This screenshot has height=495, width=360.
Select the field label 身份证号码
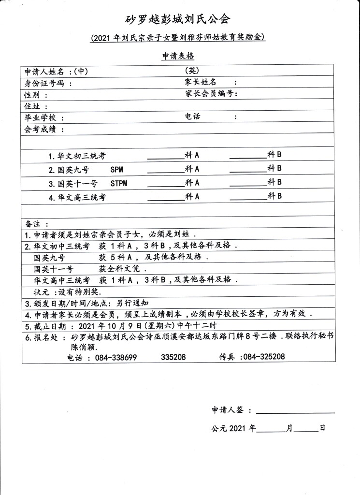46,83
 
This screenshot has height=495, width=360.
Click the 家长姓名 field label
201,82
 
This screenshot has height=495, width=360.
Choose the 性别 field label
33,94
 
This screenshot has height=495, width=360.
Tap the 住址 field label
33,106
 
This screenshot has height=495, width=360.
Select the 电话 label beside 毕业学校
192,117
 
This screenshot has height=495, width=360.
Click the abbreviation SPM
117,170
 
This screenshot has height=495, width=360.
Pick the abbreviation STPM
119,184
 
